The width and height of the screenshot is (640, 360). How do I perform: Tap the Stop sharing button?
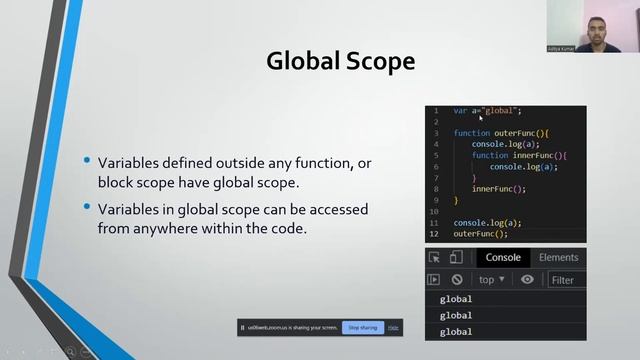[x=361, y=327]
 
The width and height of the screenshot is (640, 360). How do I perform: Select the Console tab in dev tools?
[x=503, y=258]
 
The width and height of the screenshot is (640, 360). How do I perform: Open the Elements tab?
[x=558, y=258]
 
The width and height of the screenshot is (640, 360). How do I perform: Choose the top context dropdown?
[x=490, y=280]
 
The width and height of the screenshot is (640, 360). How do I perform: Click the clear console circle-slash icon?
[x=457, y=280]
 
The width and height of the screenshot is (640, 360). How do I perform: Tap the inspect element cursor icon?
[x=434, y=258]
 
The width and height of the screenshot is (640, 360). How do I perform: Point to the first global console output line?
[x=456, y=299]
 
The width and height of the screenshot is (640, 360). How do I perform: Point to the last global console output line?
[x=456, y=331]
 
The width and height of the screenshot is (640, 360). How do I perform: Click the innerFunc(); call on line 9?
[x=498, y=189]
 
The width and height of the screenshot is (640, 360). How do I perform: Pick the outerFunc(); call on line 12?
[x=480, y=233]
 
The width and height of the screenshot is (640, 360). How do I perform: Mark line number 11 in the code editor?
[x=435, y=222]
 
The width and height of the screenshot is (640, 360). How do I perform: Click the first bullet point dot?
[x=88, y=161]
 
